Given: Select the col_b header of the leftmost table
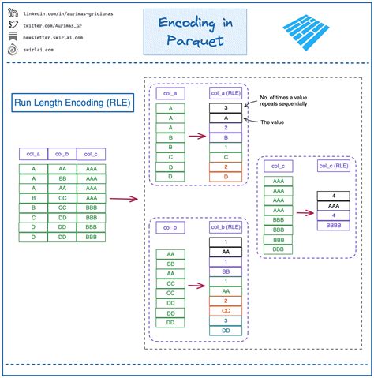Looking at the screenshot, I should [62, 154].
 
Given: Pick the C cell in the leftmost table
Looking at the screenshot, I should [34, 217].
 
